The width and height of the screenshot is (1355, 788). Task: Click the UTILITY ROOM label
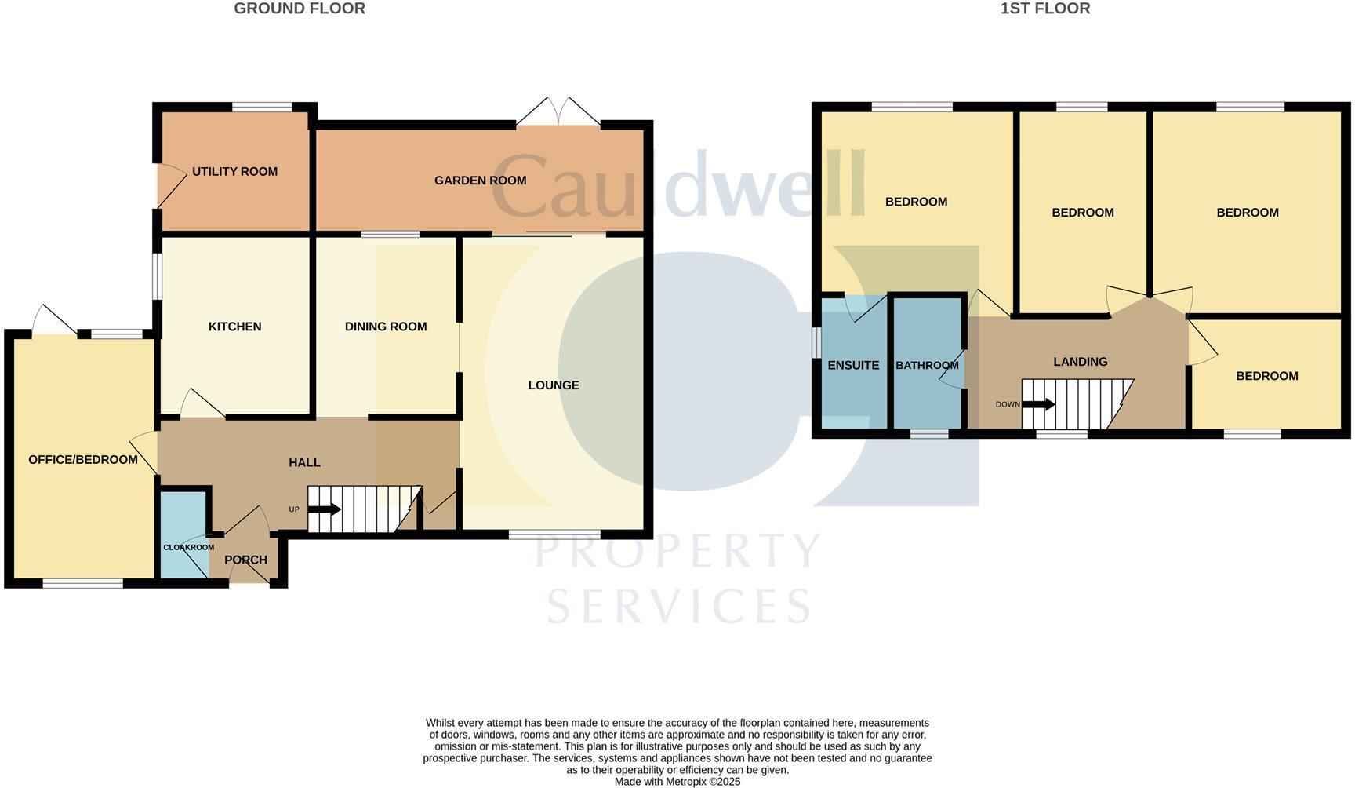click(234, 172)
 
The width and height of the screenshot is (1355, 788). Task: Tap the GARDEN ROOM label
click(480, 181)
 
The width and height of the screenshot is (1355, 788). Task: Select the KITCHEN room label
click(234, 327)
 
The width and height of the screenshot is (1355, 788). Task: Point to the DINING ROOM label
click(386, 327)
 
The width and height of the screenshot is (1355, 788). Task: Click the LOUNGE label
click(554, 385)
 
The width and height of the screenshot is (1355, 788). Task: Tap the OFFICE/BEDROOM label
click(83, 460)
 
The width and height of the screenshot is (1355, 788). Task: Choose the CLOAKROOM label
click(188, 548)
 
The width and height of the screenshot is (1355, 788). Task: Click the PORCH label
click(245, 560)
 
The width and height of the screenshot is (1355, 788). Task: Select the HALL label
click(304, 463)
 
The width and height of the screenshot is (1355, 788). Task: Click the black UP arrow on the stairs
click(325, 509)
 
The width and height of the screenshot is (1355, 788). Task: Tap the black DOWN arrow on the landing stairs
click(1038, 405)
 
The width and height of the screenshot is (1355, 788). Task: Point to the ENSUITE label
click(853, 366)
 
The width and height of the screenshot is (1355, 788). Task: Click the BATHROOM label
click(927, 366)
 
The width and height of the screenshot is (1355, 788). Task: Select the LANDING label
click(1080, 362)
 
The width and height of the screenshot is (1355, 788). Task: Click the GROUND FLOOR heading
click(300, 9)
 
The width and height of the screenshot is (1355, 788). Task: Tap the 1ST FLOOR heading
click(1045, 9)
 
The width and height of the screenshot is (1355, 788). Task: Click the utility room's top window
click(262, 107)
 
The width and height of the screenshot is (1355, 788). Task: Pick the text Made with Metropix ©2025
click(677, 782)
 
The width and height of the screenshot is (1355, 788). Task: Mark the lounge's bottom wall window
click(554, 534)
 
